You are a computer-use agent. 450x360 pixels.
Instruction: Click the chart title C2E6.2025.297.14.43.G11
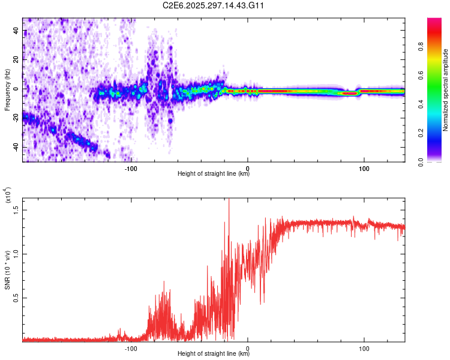coord(214,5)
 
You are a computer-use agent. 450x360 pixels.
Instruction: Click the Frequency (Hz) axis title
coord(7,90)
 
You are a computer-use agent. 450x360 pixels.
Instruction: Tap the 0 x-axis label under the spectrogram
coord(248,168)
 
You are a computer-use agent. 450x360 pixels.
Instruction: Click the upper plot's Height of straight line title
coord(214,174)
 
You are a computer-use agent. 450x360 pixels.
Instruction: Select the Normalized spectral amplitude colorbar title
coord(445,90)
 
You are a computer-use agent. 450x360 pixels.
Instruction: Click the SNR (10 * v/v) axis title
coord(7,270)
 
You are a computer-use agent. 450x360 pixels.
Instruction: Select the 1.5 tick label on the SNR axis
coord(17,209)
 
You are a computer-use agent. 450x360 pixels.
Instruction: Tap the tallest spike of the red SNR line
coord(229,200)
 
